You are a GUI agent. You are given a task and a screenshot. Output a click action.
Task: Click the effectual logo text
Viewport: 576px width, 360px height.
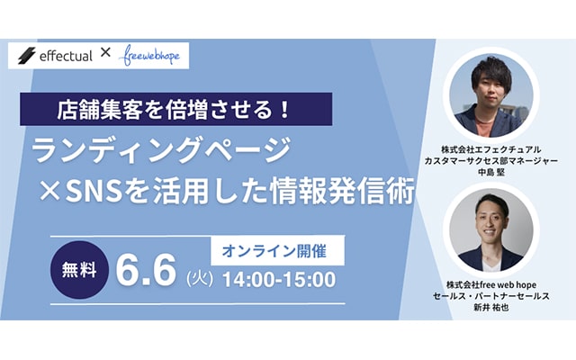tap(66, 56)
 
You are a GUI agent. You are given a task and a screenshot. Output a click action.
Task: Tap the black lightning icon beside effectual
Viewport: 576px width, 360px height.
tap(27, 56)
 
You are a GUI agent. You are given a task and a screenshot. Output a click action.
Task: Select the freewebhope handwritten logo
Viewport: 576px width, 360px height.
tap(149, 56)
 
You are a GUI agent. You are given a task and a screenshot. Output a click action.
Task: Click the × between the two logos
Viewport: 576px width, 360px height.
tap(105, 53)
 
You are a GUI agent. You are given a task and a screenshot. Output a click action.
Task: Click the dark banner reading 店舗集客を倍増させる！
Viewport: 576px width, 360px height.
tap(176, 109)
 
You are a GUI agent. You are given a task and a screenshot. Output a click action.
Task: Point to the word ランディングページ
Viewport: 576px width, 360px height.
tap(162, 150)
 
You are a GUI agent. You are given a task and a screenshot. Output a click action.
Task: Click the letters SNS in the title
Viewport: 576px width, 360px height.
tap(94, 192)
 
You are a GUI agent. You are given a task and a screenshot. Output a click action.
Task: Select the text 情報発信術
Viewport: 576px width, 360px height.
tap(342, 191)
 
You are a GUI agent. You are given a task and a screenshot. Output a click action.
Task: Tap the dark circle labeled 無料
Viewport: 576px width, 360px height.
tap(79, 270)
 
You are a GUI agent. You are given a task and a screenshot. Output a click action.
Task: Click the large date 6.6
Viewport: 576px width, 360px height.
tap(146, 271)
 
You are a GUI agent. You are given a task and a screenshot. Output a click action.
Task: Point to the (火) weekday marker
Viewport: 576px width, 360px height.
tap(200, 279)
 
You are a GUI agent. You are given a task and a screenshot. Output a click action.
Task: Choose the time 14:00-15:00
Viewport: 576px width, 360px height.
tap(279, 280)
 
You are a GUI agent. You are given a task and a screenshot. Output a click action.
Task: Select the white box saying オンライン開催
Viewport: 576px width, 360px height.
tap(277, 250)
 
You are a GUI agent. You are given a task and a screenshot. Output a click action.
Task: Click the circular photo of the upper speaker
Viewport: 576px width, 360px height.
tap(491, 95)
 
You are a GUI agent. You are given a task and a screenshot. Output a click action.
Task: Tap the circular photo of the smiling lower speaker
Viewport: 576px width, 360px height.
tap(491, 230)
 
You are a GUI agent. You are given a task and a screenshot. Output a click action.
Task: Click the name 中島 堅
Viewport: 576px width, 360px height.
tap(491, 172)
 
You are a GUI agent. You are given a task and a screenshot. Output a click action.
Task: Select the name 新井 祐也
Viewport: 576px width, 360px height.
tap(491, 308)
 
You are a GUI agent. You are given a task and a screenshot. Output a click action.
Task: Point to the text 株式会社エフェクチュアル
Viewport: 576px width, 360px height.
tap(491, 149)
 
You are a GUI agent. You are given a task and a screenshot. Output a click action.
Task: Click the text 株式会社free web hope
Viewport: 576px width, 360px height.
tap(491, 284)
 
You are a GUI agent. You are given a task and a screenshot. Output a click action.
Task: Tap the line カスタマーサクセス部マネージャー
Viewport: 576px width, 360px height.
tap(491, 161)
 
